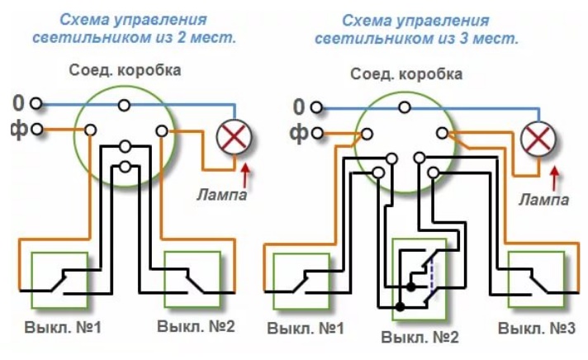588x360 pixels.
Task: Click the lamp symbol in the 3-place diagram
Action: click(539, 136)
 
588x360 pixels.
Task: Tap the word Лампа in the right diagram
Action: click(543, 200)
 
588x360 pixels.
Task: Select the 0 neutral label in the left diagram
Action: click(18, 104)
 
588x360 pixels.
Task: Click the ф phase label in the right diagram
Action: click(301, 132)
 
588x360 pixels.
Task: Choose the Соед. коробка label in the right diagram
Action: click(406, 74)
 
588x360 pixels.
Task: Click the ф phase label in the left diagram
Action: click(18, 130)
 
